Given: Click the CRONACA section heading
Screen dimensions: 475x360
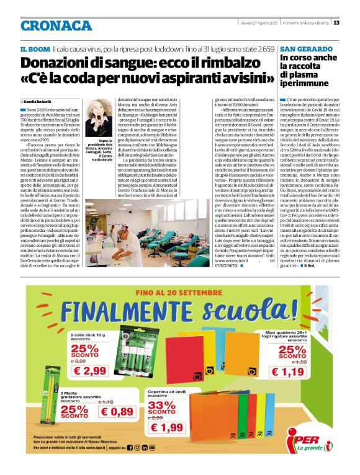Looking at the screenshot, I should point(56,25).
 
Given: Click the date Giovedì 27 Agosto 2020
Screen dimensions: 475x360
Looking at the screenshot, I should point(259,23).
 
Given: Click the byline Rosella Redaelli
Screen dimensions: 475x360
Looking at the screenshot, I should point(38,101).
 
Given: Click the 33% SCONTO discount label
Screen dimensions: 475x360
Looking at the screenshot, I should point(163,407).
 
